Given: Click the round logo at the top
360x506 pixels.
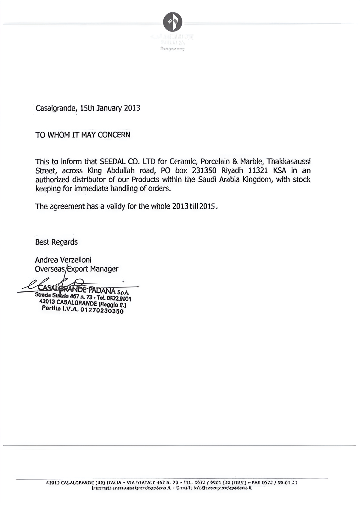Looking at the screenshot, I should pyautogui.click(x=172, y=22).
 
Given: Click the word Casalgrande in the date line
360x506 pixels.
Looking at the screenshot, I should pyautogui.click(x=55, y=108).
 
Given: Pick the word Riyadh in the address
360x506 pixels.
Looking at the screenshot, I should pyautogui.click(x=232, y=171).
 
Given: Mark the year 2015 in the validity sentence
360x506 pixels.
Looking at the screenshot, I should pyautogui.click(x=208, y=206).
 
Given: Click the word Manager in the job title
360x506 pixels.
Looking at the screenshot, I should pyautogui.click(x=104, y=269).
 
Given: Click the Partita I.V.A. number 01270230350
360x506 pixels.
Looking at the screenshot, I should pyautogui.click(x=102, y=311).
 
